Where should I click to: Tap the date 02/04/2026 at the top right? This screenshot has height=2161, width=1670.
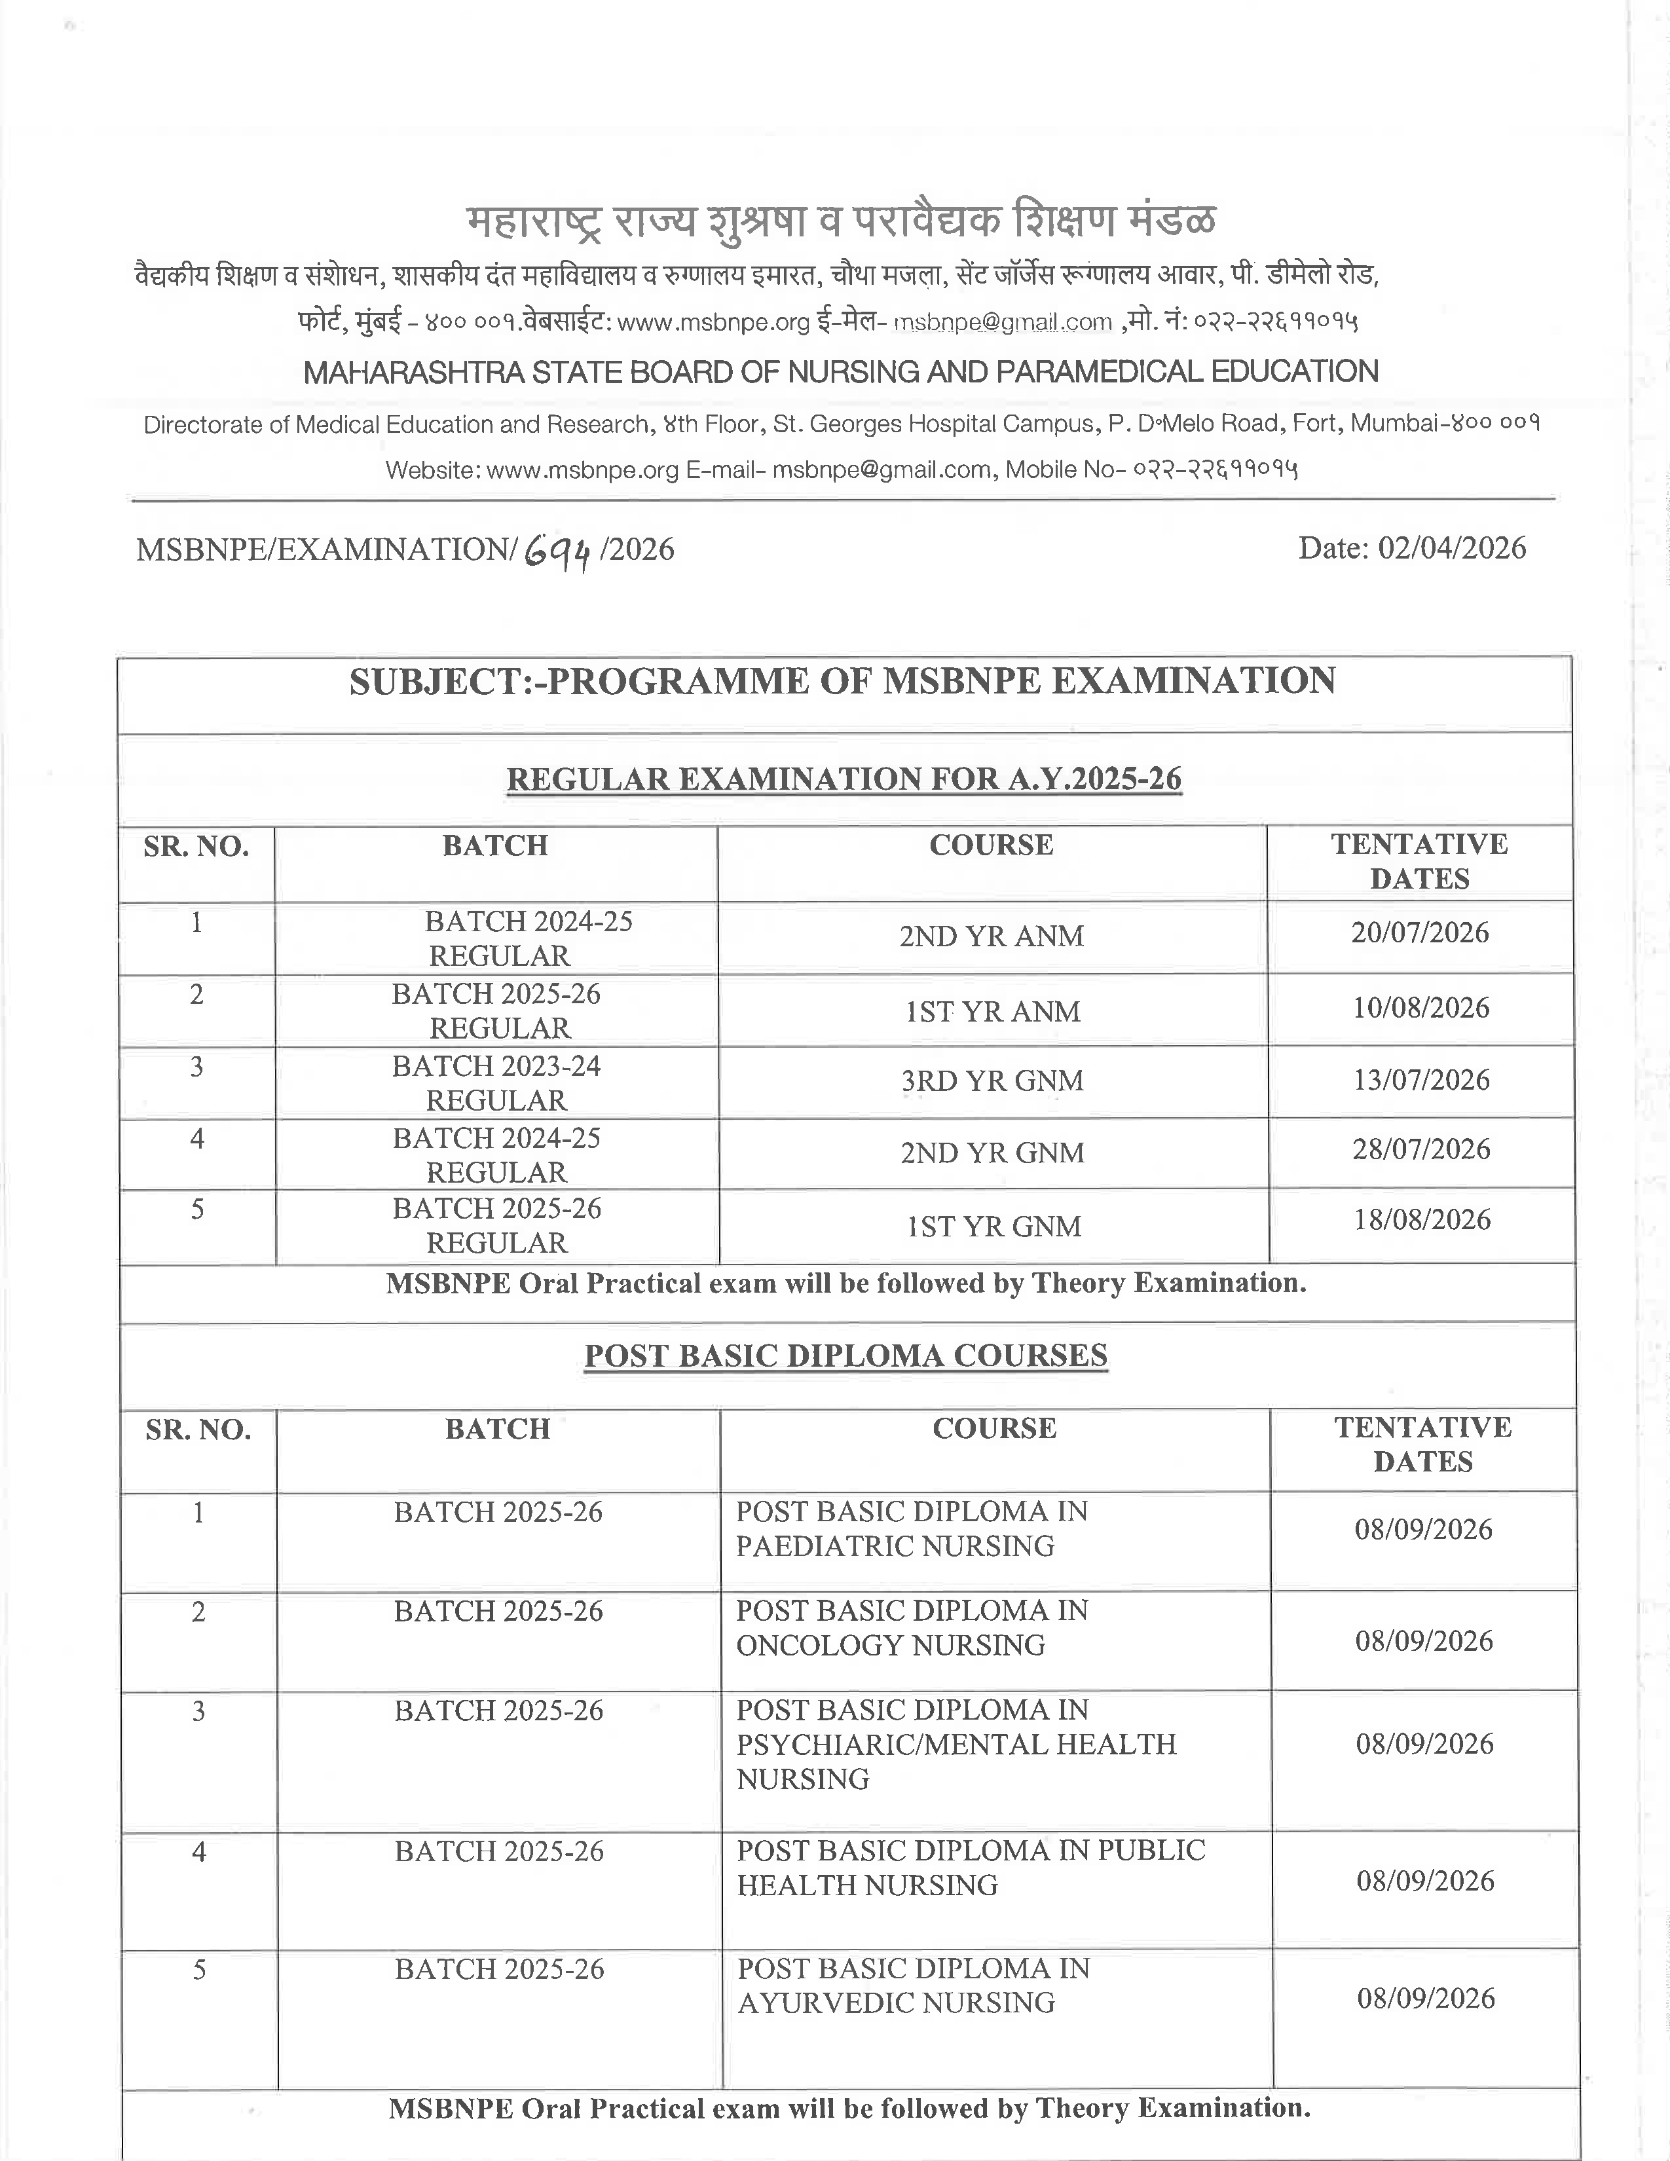point(1451,548)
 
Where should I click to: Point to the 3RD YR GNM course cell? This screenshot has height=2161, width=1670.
point(992,1080)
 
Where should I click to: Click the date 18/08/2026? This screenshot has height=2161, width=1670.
point(1422,1219)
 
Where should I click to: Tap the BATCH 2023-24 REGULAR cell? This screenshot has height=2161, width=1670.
point(496,1082)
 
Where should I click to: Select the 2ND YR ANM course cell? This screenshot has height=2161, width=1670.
point(992,936)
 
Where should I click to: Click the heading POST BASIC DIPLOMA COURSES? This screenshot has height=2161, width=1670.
point(846,1355)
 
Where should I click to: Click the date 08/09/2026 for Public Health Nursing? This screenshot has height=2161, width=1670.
point(1424,1880)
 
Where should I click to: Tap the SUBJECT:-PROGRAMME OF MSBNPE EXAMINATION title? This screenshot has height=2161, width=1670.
point(842,682)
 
